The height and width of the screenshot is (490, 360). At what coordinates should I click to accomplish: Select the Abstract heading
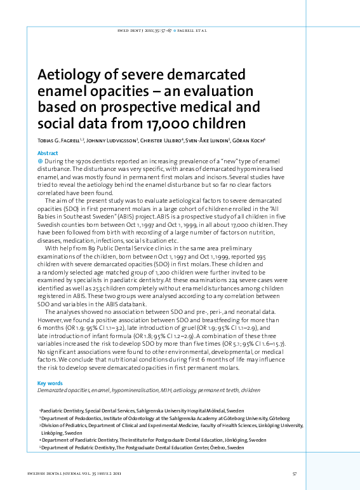click(48, 154)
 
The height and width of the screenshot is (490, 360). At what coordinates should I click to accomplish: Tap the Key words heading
click(50, 383)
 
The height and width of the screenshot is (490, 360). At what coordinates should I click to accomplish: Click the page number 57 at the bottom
click(294, 473)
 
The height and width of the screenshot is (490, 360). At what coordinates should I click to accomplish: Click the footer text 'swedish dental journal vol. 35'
click(70, 473)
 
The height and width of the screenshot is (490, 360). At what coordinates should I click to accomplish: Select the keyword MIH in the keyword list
click(168, 391)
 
